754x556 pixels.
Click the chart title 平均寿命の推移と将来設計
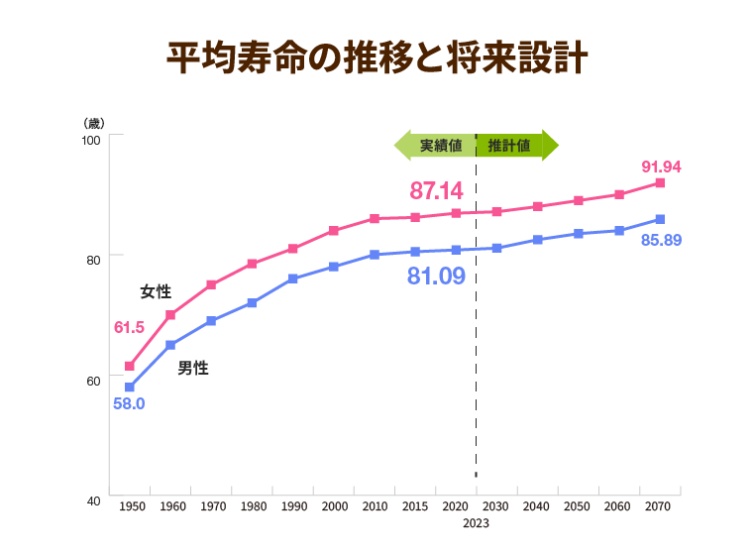[x=377, y=57]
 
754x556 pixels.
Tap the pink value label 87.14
[x=436, y=190]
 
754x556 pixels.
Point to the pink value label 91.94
[x=661, y=166]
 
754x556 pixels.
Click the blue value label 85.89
[x=661, y=240]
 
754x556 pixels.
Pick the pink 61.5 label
[x=130, y=327]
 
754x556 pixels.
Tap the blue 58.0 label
[x=129, y=403]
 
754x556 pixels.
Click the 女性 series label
[x=156, y=291]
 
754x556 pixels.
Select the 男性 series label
[x=193, y=368]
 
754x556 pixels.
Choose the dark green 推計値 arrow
[x=515, y=146]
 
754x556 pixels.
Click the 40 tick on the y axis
[x=93, y=501]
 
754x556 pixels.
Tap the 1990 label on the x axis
[x=293, y=505]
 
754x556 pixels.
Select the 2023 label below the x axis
[x=476, y=524]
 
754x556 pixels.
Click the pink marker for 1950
[x=130, y=366]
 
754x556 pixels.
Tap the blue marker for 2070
[x=660, y=219]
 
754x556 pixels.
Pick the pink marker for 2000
[x=334, y=230]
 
